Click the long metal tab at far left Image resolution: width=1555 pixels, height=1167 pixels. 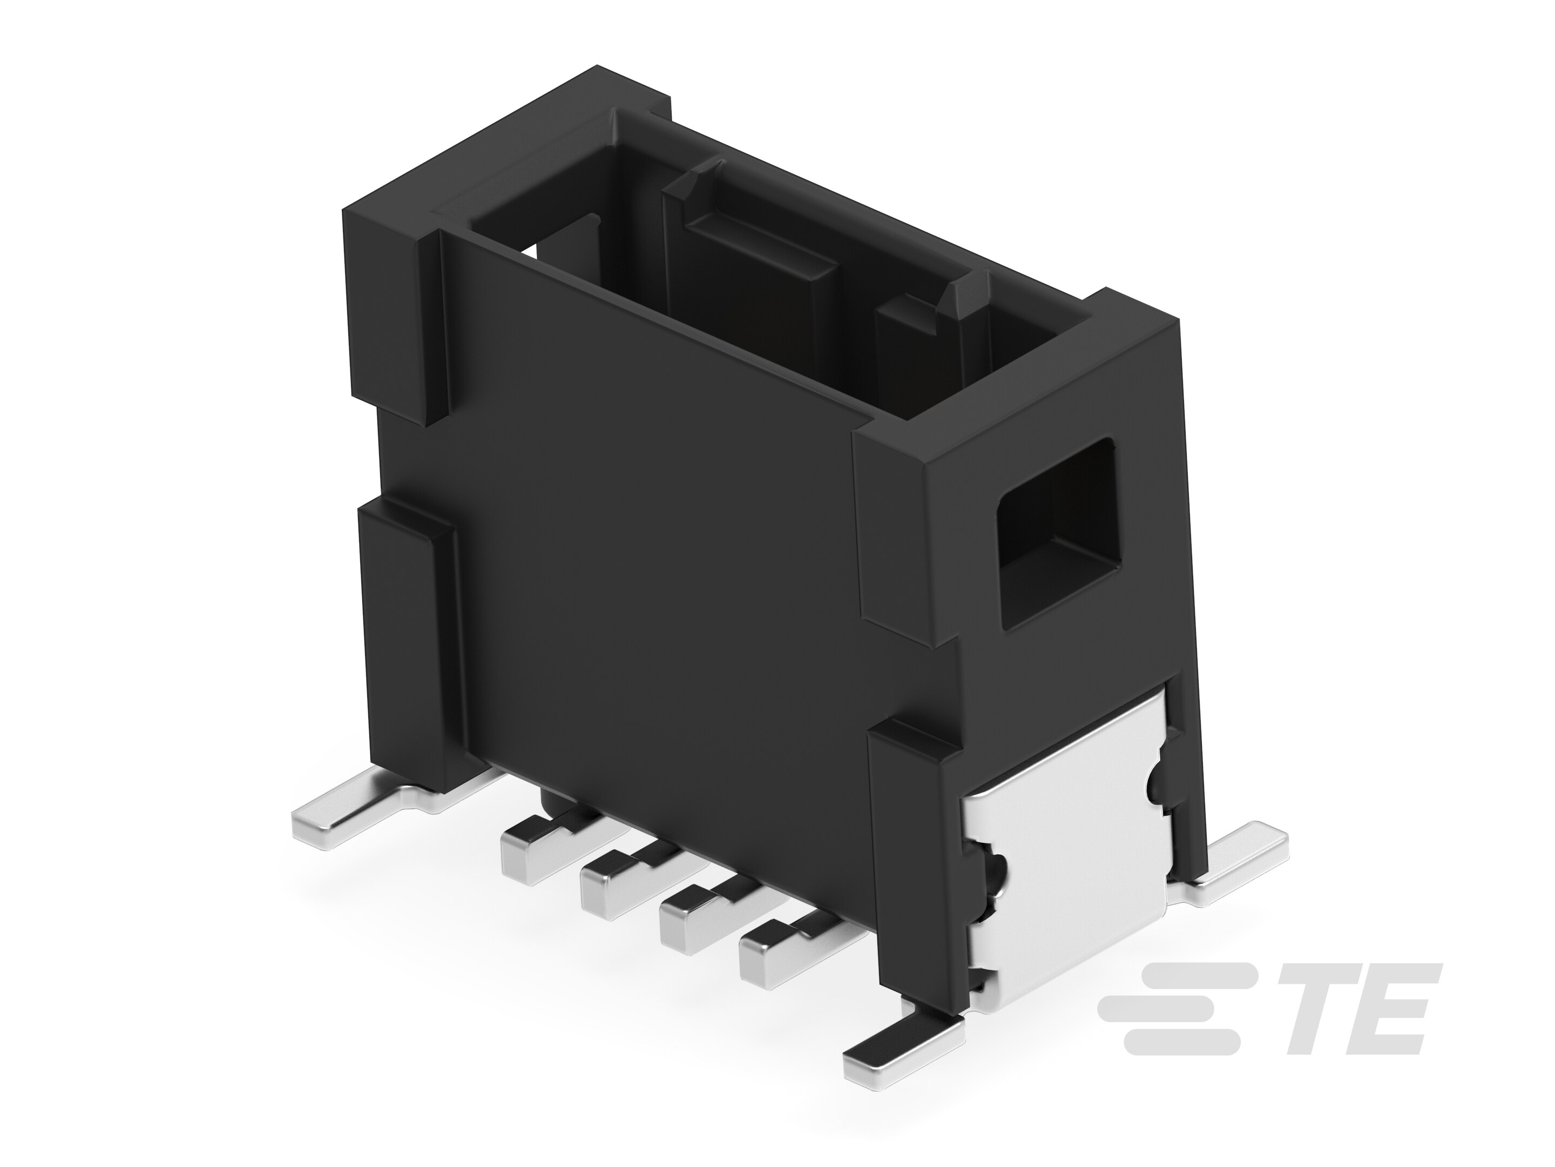click(x=351, y=820)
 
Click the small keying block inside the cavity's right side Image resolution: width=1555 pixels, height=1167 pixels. click(x=914, y=352)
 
